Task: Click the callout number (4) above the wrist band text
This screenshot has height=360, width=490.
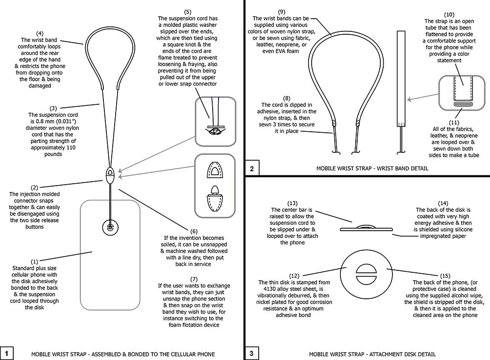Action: coord(40,33)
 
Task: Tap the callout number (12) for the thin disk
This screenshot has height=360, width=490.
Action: coord(294,276)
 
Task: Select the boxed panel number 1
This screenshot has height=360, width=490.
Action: coord(6,354)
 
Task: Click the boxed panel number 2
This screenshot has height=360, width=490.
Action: coord(252,169)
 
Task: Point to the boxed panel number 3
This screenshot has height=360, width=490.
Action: coord(251,354)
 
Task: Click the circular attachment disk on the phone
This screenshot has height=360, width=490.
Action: coord(110,227)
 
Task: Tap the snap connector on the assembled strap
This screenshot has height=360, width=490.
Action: coord(110,175)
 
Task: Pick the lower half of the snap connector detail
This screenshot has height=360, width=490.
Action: coord(215,199)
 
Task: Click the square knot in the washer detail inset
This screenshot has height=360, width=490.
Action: coord(215,131)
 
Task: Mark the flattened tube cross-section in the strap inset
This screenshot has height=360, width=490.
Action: coord(462,104)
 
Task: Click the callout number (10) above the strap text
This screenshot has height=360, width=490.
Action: coord(449,15)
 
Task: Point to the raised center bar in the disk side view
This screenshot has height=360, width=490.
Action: coord(366,226)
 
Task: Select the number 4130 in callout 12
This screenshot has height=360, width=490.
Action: coord(270,289)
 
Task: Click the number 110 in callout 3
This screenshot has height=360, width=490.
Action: coord(71,147)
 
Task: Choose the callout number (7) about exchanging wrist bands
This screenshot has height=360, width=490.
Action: coord(194,279)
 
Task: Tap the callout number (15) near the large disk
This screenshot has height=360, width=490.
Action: coord(445,276)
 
